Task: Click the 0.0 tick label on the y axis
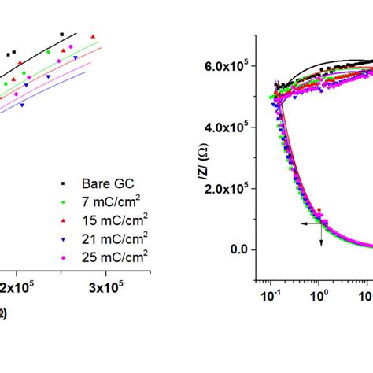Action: (x=235, y=249)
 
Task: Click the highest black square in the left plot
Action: (x=61, y=35)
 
